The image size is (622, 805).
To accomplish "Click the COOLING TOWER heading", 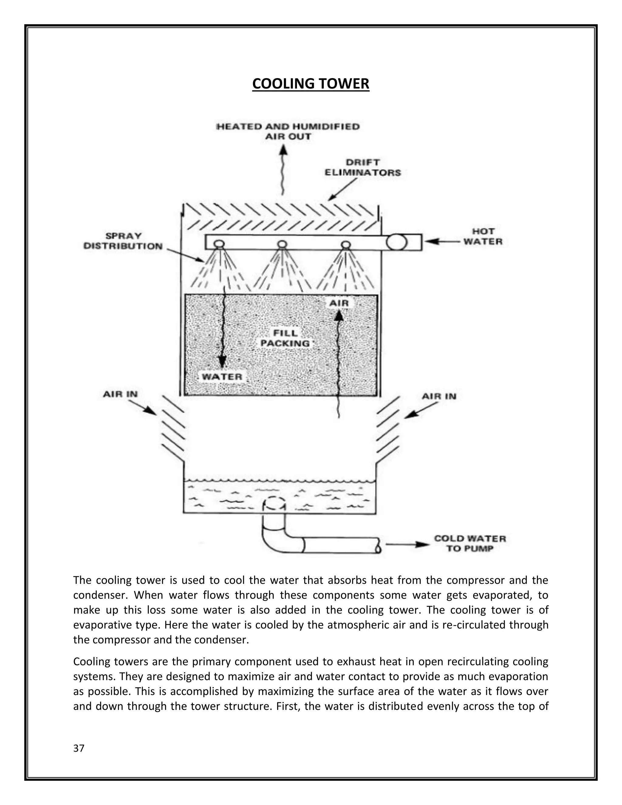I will click(x=311, y=84).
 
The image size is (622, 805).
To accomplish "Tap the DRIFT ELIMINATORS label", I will click(x=363, y=167).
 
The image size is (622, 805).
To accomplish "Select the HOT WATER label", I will click(x=483, y=237).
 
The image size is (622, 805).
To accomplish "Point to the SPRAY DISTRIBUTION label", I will click(x=123, y=241).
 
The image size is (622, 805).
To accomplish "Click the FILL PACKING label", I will click(x=285, y=338).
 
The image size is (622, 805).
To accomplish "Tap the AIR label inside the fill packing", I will click(x=339, y=303).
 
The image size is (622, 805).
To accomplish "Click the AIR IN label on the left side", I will click(x=120, y=394).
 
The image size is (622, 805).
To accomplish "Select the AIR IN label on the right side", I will click(x=439, y=396).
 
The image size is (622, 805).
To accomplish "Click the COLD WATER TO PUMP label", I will click(x=470, y=543).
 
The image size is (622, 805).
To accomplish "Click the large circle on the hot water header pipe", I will click(x=397, y=242).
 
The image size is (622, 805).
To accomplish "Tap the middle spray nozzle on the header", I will click(x=282, y=244).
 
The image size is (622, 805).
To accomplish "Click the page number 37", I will click(x=79, y=748).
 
